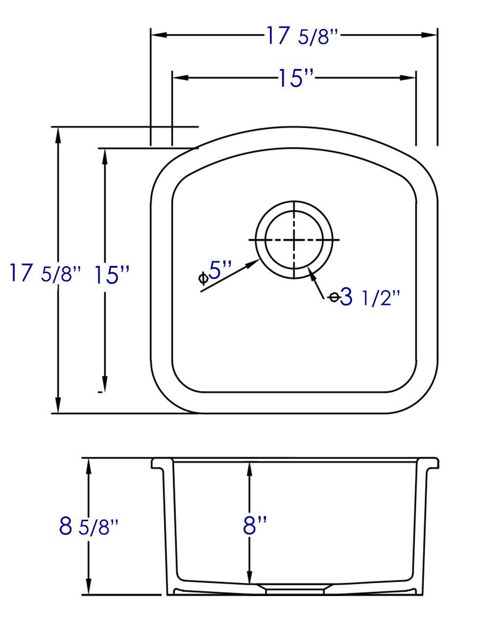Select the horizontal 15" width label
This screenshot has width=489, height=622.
pos(296,78)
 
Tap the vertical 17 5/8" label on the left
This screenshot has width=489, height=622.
pos(44,274)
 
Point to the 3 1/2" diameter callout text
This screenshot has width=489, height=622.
pos(365,297)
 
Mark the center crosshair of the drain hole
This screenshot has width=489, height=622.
pos(294,240)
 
